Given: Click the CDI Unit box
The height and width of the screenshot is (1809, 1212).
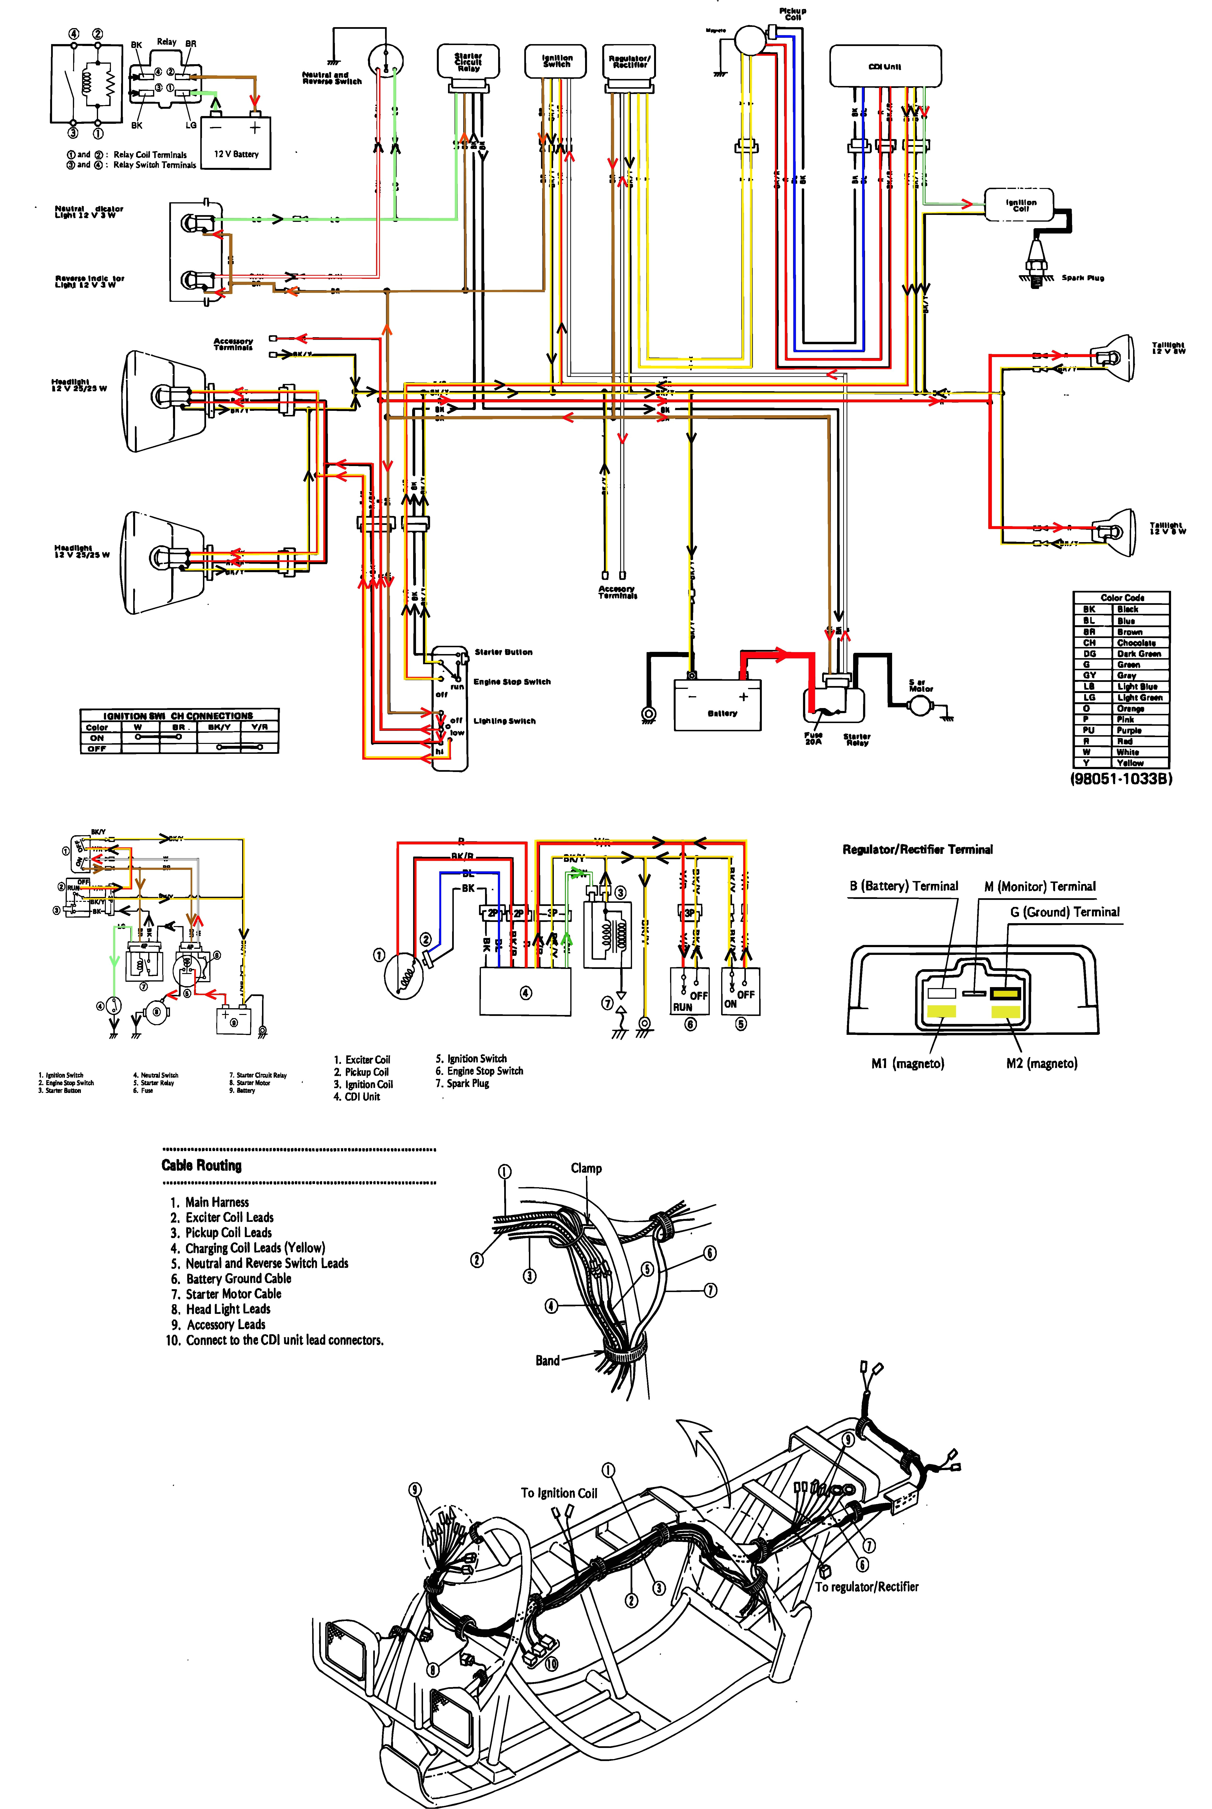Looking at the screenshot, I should point(885,66).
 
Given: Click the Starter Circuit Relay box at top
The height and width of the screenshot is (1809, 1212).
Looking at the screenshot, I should point(468,62).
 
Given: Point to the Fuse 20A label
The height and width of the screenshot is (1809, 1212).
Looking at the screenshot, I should point(813,738).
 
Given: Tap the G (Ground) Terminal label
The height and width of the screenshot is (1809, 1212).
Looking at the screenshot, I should point(1064,912).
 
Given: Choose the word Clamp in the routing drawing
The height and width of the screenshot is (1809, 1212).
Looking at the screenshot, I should point(586,1168).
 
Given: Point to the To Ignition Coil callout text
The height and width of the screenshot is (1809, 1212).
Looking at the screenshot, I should point(559,1493).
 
